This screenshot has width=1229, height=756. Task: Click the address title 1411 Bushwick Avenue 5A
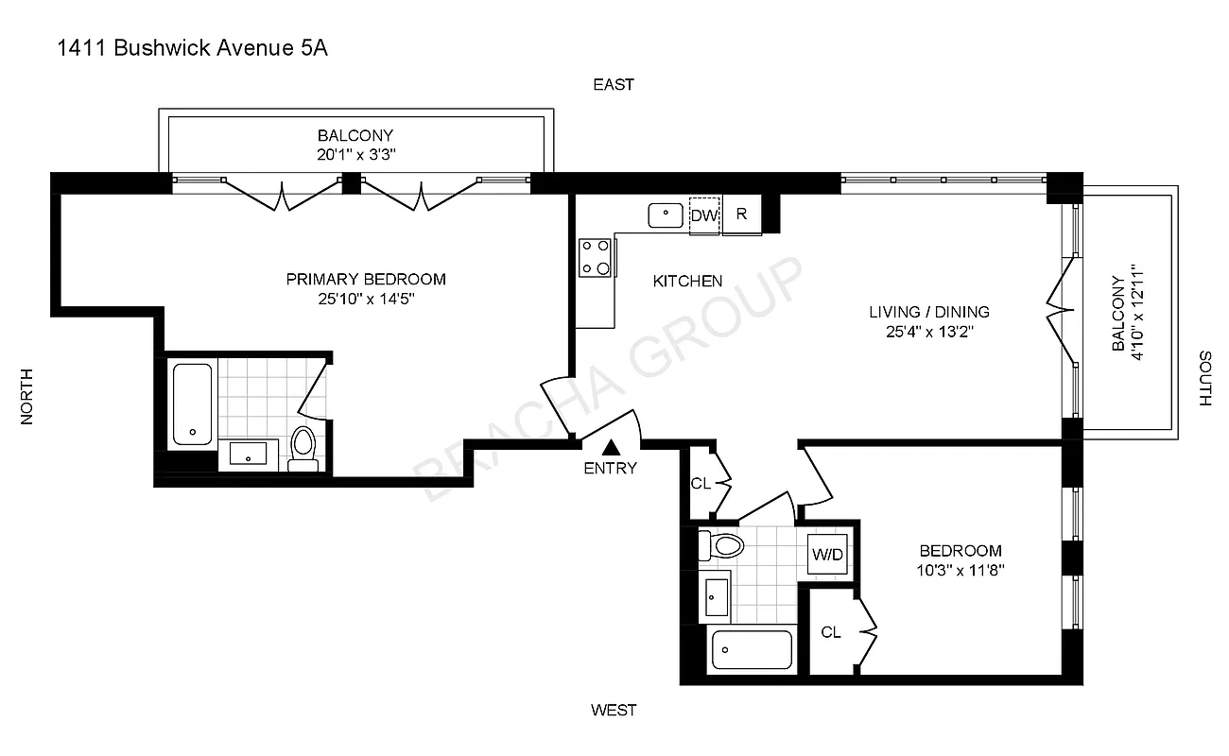[193, 49]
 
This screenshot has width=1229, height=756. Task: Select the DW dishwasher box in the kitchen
[703, 215]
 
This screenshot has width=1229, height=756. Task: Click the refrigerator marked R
[742, 215]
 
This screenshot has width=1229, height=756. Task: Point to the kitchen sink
[666, 215]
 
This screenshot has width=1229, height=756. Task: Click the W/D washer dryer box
[827, 555]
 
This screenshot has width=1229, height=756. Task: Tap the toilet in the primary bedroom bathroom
[303, 448]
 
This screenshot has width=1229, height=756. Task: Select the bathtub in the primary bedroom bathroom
[193, 404]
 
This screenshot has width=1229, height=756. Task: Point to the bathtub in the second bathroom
[752, 650]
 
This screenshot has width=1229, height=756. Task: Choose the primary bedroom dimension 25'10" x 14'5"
[366, 299]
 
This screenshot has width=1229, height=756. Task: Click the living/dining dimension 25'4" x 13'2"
[928, 331]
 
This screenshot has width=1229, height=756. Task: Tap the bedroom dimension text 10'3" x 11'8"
[961, 570]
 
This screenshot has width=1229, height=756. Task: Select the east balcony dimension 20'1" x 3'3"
[355, 154]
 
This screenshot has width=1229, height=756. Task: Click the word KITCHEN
[688, 281]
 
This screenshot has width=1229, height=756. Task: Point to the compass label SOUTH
[1204, 378]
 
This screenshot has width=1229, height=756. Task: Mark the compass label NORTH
[26, 395]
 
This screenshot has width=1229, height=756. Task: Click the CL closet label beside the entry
[701, 484]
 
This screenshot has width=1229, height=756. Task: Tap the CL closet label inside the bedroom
[831, 631]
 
